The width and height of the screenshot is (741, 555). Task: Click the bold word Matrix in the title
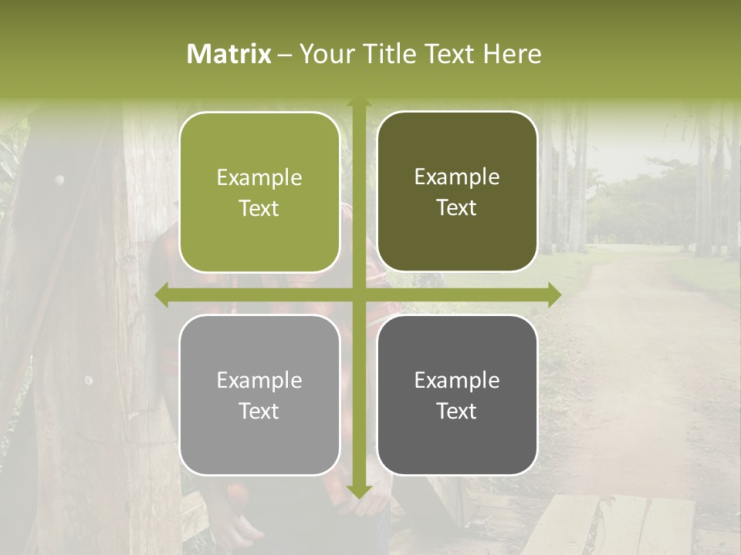tap(229, 54)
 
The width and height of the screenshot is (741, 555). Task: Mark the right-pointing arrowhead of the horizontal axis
tap(553, 294)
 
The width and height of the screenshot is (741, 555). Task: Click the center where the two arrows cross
tap(358, 294)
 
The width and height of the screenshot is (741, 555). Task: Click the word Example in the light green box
tap(259, 178)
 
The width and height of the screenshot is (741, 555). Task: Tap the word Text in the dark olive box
tap(457, 208)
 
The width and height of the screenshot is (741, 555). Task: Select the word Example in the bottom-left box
tap(259, 381)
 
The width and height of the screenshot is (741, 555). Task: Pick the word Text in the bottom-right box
tap(457, 411)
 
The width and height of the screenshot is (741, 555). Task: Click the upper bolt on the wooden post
tap(59, 180)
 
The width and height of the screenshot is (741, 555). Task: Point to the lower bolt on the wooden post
tap(88, 380)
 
